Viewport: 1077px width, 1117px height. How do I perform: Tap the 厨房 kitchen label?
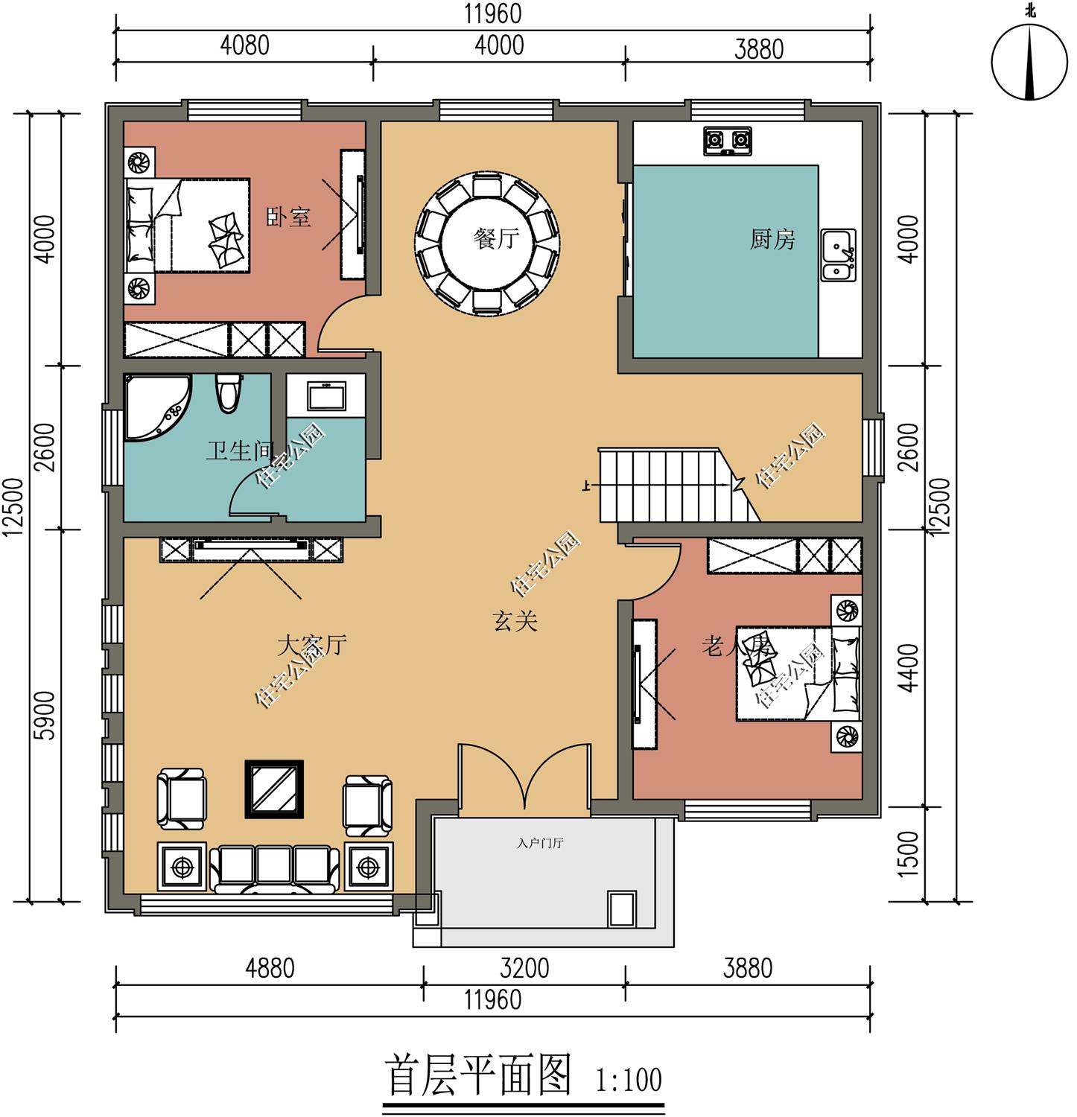(772, 239)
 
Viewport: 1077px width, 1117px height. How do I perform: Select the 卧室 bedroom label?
(289, 217)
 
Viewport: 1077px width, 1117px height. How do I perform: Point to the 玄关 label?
(515, 620)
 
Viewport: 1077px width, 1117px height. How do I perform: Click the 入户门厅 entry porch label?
(540, 844)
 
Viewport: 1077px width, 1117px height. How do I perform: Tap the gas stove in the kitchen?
(728, 141)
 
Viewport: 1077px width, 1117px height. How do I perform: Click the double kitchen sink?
(839, 255)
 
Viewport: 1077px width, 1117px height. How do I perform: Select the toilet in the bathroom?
(228, 392)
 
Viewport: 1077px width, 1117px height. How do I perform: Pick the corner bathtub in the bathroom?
(157, 407)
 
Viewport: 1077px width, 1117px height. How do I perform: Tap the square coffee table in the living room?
(274, 789)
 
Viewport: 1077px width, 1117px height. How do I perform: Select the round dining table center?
(487, 240)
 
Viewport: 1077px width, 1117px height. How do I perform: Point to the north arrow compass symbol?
(1030, 63)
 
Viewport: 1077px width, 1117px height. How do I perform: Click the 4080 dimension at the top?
(244, 45)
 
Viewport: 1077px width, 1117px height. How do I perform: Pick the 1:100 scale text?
(629, 1080)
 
